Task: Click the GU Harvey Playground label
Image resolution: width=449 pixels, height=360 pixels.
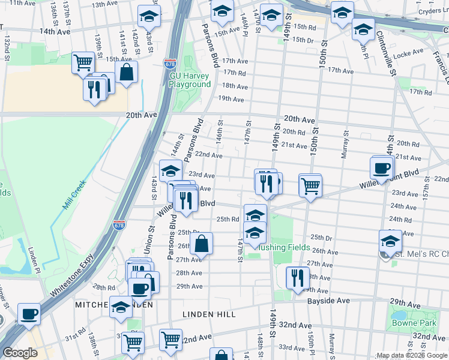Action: (x=190, y=80)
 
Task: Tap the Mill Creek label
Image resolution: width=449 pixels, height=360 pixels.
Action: (x=74, y=197)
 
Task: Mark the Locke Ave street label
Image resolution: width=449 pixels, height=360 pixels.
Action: (x=410, y=53)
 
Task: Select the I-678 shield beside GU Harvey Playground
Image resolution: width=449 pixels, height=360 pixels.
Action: (x=170, y=62)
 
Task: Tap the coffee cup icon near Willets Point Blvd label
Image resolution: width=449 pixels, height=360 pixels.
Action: (x=382, y=167)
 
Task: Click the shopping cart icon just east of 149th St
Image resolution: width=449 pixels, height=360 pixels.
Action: (x=310, y=185)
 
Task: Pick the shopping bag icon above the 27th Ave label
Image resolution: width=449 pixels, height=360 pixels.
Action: (x=202, y=244)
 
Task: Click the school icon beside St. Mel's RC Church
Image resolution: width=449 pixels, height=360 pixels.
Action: (x=390, y=241)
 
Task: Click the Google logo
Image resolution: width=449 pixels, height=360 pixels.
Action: (x=20, y=353)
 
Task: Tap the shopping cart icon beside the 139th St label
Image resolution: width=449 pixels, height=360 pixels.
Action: (x=83, y=62)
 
